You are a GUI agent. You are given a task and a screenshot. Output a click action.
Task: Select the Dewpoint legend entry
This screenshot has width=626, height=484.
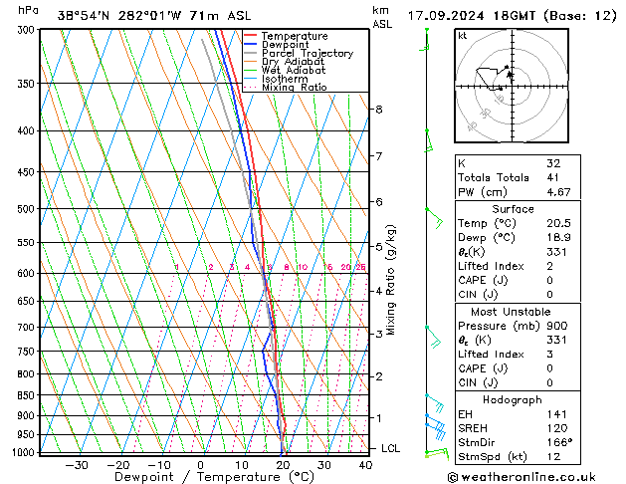[x=285, y=45]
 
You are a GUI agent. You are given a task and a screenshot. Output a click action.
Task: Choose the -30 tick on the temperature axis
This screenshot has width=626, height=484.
[x=77, y=464]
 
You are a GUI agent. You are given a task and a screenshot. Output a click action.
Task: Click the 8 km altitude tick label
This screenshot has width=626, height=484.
[x=379, y=109]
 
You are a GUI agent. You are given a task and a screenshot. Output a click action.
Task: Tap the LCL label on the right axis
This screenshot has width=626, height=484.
[x=391, y=448]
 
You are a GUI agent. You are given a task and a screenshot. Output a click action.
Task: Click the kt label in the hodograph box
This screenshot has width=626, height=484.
[x=463, y=35]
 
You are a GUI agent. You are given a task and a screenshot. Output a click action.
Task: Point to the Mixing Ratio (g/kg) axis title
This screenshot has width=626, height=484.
[x=390, y=280]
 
